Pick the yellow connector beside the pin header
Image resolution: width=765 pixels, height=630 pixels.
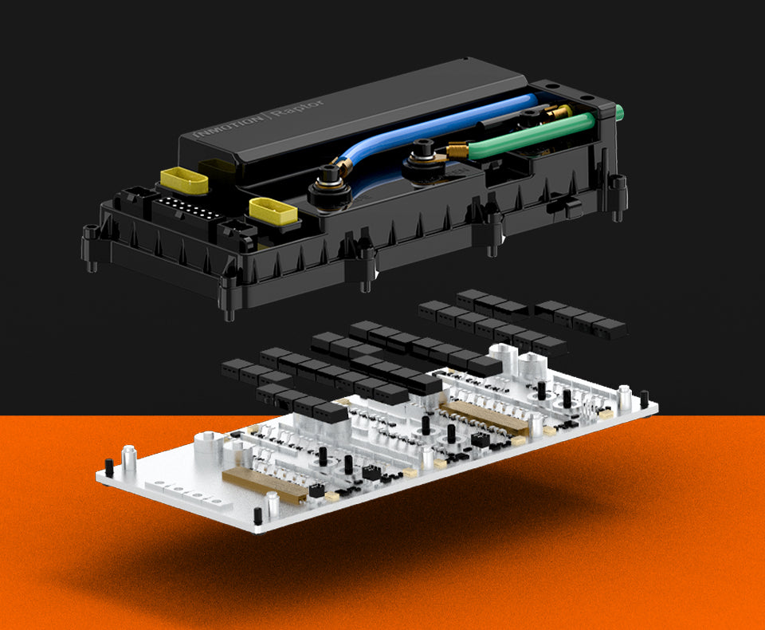184,180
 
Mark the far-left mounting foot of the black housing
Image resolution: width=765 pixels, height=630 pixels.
91,246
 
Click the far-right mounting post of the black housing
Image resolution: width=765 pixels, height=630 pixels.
618,196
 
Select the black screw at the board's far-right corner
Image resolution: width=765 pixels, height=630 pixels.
644,398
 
